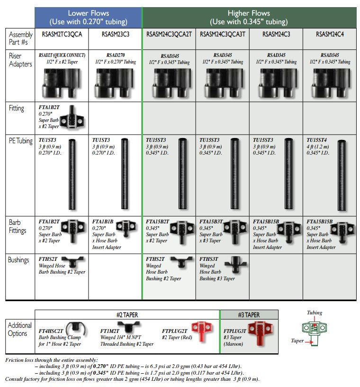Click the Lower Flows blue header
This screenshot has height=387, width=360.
(88, 17)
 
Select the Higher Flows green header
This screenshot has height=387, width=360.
(249, 17)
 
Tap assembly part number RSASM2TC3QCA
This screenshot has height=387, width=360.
(62, 34)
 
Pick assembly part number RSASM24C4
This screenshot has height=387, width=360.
(330, 34)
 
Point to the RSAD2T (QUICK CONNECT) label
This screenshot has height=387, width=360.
(62, 55)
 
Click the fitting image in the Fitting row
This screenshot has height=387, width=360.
(72, 118)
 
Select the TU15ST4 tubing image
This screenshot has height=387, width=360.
(342, 175)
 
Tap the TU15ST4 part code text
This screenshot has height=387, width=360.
(316, 140)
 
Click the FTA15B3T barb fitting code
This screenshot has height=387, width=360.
(211, 221)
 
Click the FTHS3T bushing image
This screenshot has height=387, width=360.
(236, 264)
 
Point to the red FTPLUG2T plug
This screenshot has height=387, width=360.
(202, 331)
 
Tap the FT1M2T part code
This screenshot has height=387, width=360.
(110, 331)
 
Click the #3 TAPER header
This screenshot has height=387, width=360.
(249, 315)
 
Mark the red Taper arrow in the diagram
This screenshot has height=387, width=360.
(309, 342)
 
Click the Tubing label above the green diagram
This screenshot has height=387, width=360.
(315, 313)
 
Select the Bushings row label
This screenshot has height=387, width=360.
(18, 260)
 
